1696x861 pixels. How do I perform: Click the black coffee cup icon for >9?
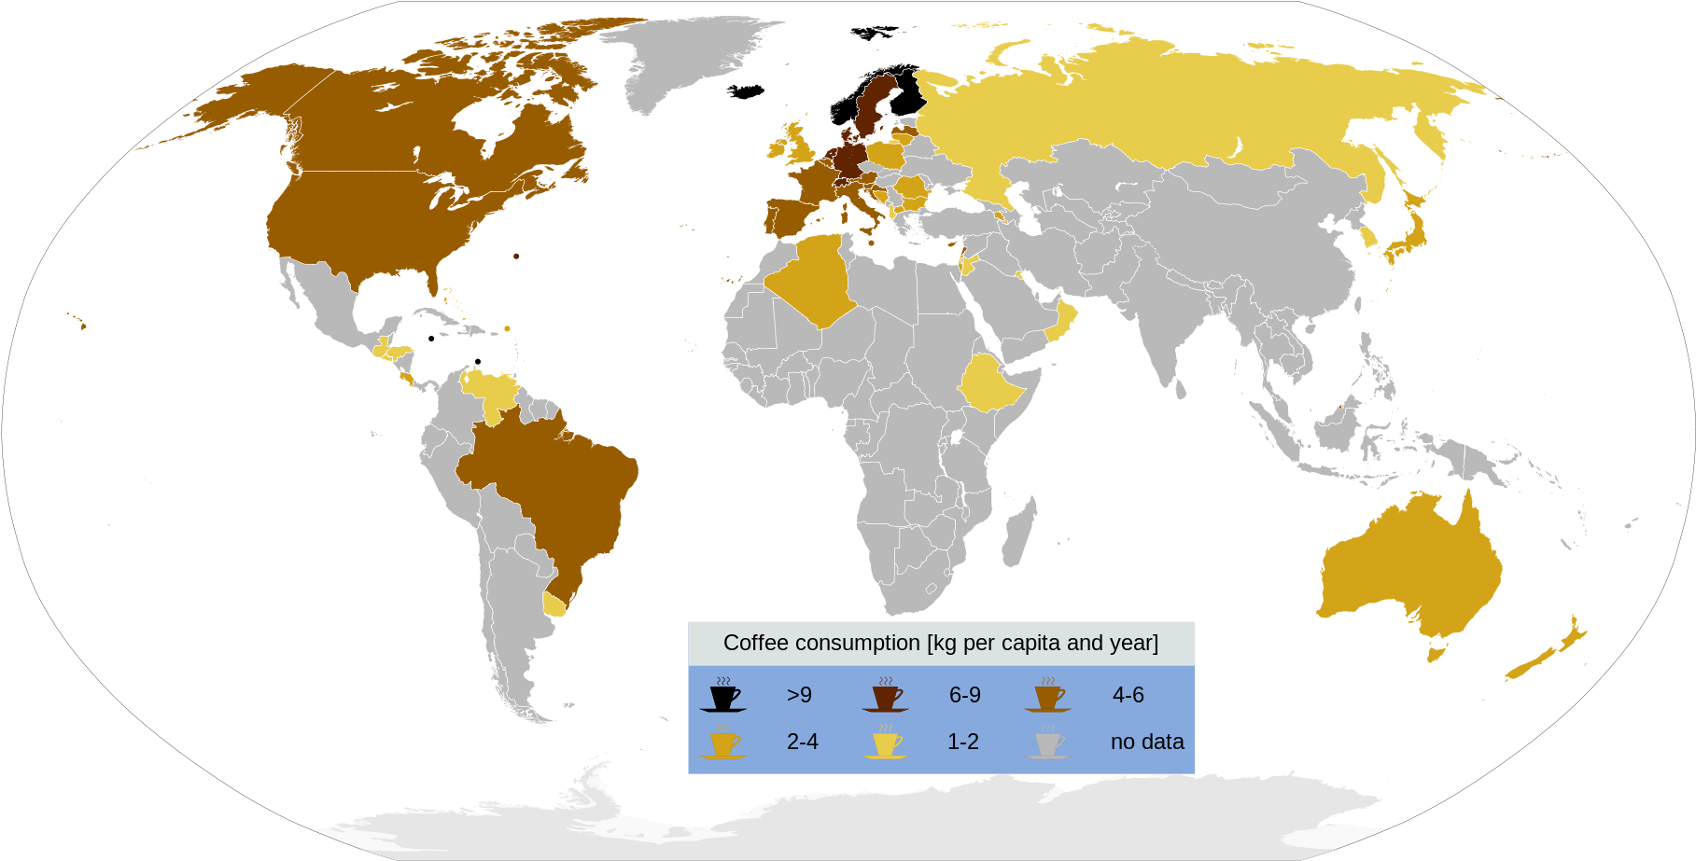pyautogui.click(x=722, y=697)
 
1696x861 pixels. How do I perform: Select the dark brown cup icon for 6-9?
pyautogui.click(x=885, y=697)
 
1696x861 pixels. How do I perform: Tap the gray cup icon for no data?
pyautogui.click(x=1046, y=743)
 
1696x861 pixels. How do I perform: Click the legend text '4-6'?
pyautogui.click(x=1128, y=695)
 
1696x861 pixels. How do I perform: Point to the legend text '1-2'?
pyautogui.click(x=962, y=742)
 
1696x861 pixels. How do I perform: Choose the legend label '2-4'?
pyautogui.click(x=802, y=742)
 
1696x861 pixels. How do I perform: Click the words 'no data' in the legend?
pyautogui.click(x=1146, y=742)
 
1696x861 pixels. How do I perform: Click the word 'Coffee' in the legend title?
pyautogui.click(x=755, y=643)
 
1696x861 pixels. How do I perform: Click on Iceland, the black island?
pyautogui.click(x=747, y=91)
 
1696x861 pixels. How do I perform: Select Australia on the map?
pyautogui.click(x=1409, y=569)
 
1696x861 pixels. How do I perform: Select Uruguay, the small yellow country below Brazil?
pyautogui.click(x=554, y=604)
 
